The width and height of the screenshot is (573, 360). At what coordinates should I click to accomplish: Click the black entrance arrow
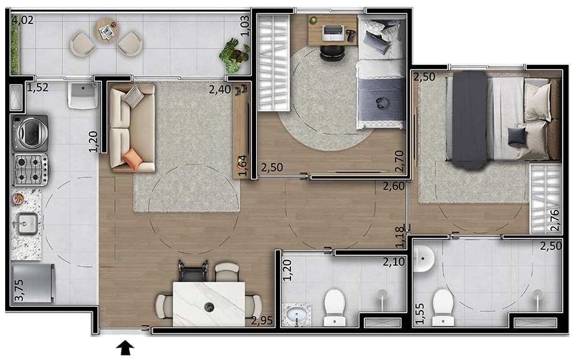coord(125,348)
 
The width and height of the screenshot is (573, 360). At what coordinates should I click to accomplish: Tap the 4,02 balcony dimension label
coord(23,19)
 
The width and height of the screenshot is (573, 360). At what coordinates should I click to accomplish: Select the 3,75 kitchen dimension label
coord(19,290)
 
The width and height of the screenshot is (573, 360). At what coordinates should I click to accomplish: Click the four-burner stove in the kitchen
coord(31,170)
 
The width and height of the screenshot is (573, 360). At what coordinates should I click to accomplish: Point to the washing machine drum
coord(31,133)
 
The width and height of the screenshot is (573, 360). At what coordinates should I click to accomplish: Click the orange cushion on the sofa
coord(133,159)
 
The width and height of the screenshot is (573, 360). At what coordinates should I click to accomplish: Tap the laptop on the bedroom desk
coord(333,32)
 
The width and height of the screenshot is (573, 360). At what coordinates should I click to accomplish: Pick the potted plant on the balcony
coord(235,55)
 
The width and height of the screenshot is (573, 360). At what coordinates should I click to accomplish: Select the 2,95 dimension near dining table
coord(262,320)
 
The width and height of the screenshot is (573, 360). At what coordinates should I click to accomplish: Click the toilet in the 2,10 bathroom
coord(335,307)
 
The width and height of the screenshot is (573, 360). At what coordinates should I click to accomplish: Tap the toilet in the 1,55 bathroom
coord(443,307)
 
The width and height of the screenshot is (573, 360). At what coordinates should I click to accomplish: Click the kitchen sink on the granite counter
coord(25,224)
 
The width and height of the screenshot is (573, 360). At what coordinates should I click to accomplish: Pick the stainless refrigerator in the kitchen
coord(33,283)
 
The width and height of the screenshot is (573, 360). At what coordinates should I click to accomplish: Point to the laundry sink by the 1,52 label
coord(82,96)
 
